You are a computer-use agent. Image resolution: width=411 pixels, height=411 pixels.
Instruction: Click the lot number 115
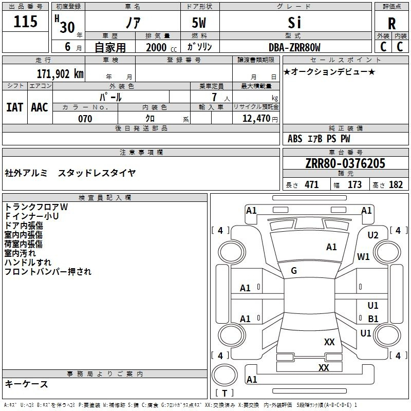(25, 21)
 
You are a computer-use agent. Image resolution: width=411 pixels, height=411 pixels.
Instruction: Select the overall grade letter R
(391, 24)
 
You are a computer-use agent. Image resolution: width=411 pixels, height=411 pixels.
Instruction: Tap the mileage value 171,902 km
(60, 74)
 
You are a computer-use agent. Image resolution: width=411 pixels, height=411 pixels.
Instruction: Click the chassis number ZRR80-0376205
(345, 163)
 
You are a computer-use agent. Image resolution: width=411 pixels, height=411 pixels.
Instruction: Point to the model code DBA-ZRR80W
(294, 47)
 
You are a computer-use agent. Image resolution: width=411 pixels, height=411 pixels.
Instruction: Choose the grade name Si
(294, 23)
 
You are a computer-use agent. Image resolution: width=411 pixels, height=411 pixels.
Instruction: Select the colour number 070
(85, 119)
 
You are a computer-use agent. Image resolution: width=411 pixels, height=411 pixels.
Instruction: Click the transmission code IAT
(15, 107)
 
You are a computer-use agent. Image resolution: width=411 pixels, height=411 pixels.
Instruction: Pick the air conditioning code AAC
(40, 107)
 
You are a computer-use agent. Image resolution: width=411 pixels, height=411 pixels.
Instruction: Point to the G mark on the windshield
(294, 271)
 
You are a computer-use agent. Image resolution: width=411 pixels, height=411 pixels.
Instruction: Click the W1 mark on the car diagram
(363, 256)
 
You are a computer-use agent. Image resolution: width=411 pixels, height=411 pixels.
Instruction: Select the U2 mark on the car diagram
(373, 235)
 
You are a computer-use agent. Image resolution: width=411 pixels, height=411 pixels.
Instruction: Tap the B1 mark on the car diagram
(373, 319)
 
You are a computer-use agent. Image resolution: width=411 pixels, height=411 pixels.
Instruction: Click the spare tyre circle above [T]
(225, 375)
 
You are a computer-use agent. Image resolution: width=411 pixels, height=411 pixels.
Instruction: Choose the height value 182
(396, 185)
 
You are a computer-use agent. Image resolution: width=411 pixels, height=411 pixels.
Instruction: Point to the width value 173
(354, 185)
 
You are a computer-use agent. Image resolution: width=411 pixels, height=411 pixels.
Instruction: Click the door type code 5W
(199, 23)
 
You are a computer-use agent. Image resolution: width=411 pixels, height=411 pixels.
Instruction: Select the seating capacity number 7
(214, 97)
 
